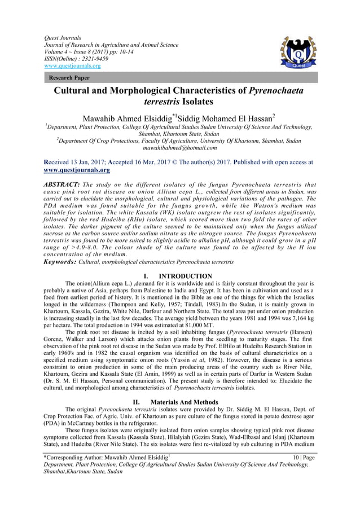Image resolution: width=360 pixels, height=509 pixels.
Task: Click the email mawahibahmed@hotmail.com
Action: point(180,148)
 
